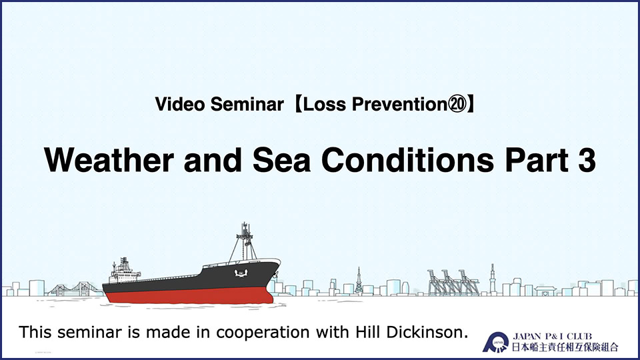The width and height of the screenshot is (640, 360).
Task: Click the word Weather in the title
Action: pos(109,160)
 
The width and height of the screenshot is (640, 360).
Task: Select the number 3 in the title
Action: pos(587,160)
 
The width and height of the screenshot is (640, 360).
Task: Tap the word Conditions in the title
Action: pos(408,160)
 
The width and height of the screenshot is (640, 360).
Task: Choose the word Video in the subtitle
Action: pos(179,104)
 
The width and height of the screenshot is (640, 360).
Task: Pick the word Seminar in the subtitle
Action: pos(247,104)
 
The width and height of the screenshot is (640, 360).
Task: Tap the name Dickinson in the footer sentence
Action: pos(427,332)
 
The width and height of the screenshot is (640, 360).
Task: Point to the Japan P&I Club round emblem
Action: pos(495,342)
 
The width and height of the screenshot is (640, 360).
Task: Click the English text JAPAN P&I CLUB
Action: pos(552,336)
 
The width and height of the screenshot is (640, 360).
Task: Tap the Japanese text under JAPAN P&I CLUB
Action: pos(565,347)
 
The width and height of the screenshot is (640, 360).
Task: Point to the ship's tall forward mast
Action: pos(245,241)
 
